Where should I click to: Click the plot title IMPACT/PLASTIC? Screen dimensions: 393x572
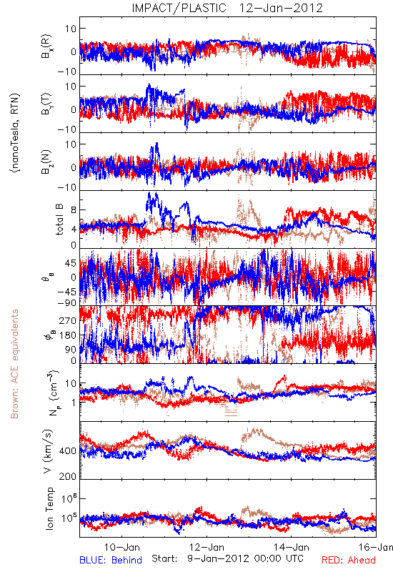(179, 8)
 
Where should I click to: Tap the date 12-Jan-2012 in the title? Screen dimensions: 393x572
(281, 8)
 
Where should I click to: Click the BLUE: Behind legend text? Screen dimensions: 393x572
(111, 560)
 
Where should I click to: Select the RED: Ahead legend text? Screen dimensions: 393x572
(349, 560)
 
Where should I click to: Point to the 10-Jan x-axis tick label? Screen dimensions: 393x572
(122, 547)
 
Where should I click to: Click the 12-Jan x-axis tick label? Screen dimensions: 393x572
(207, 547)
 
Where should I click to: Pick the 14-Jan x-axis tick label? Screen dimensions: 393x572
(292, 547)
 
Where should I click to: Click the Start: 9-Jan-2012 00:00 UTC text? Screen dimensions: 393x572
(227, 558)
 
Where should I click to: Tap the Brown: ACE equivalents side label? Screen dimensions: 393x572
(14, 364)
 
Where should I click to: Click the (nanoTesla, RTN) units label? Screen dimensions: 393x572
(15, 133)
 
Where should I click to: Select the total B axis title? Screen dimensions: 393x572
(59, 220)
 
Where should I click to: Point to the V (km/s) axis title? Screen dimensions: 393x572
(48, 451)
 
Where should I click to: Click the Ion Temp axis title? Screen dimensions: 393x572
(49, 508)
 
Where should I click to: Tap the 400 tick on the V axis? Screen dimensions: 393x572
(68, 451)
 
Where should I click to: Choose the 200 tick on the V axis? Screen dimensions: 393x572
(68, 476)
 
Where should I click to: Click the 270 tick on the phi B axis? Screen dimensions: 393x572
(69, 320)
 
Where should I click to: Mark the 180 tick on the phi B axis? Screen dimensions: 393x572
(69, 335)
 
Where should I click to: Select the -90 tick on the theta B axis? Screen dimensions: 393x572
(67, 302)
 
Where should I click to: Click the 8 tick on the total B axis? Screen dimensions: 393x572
(74, 210)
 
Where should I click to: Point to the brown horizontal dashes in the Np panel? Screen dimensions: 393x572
(231, 413)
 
